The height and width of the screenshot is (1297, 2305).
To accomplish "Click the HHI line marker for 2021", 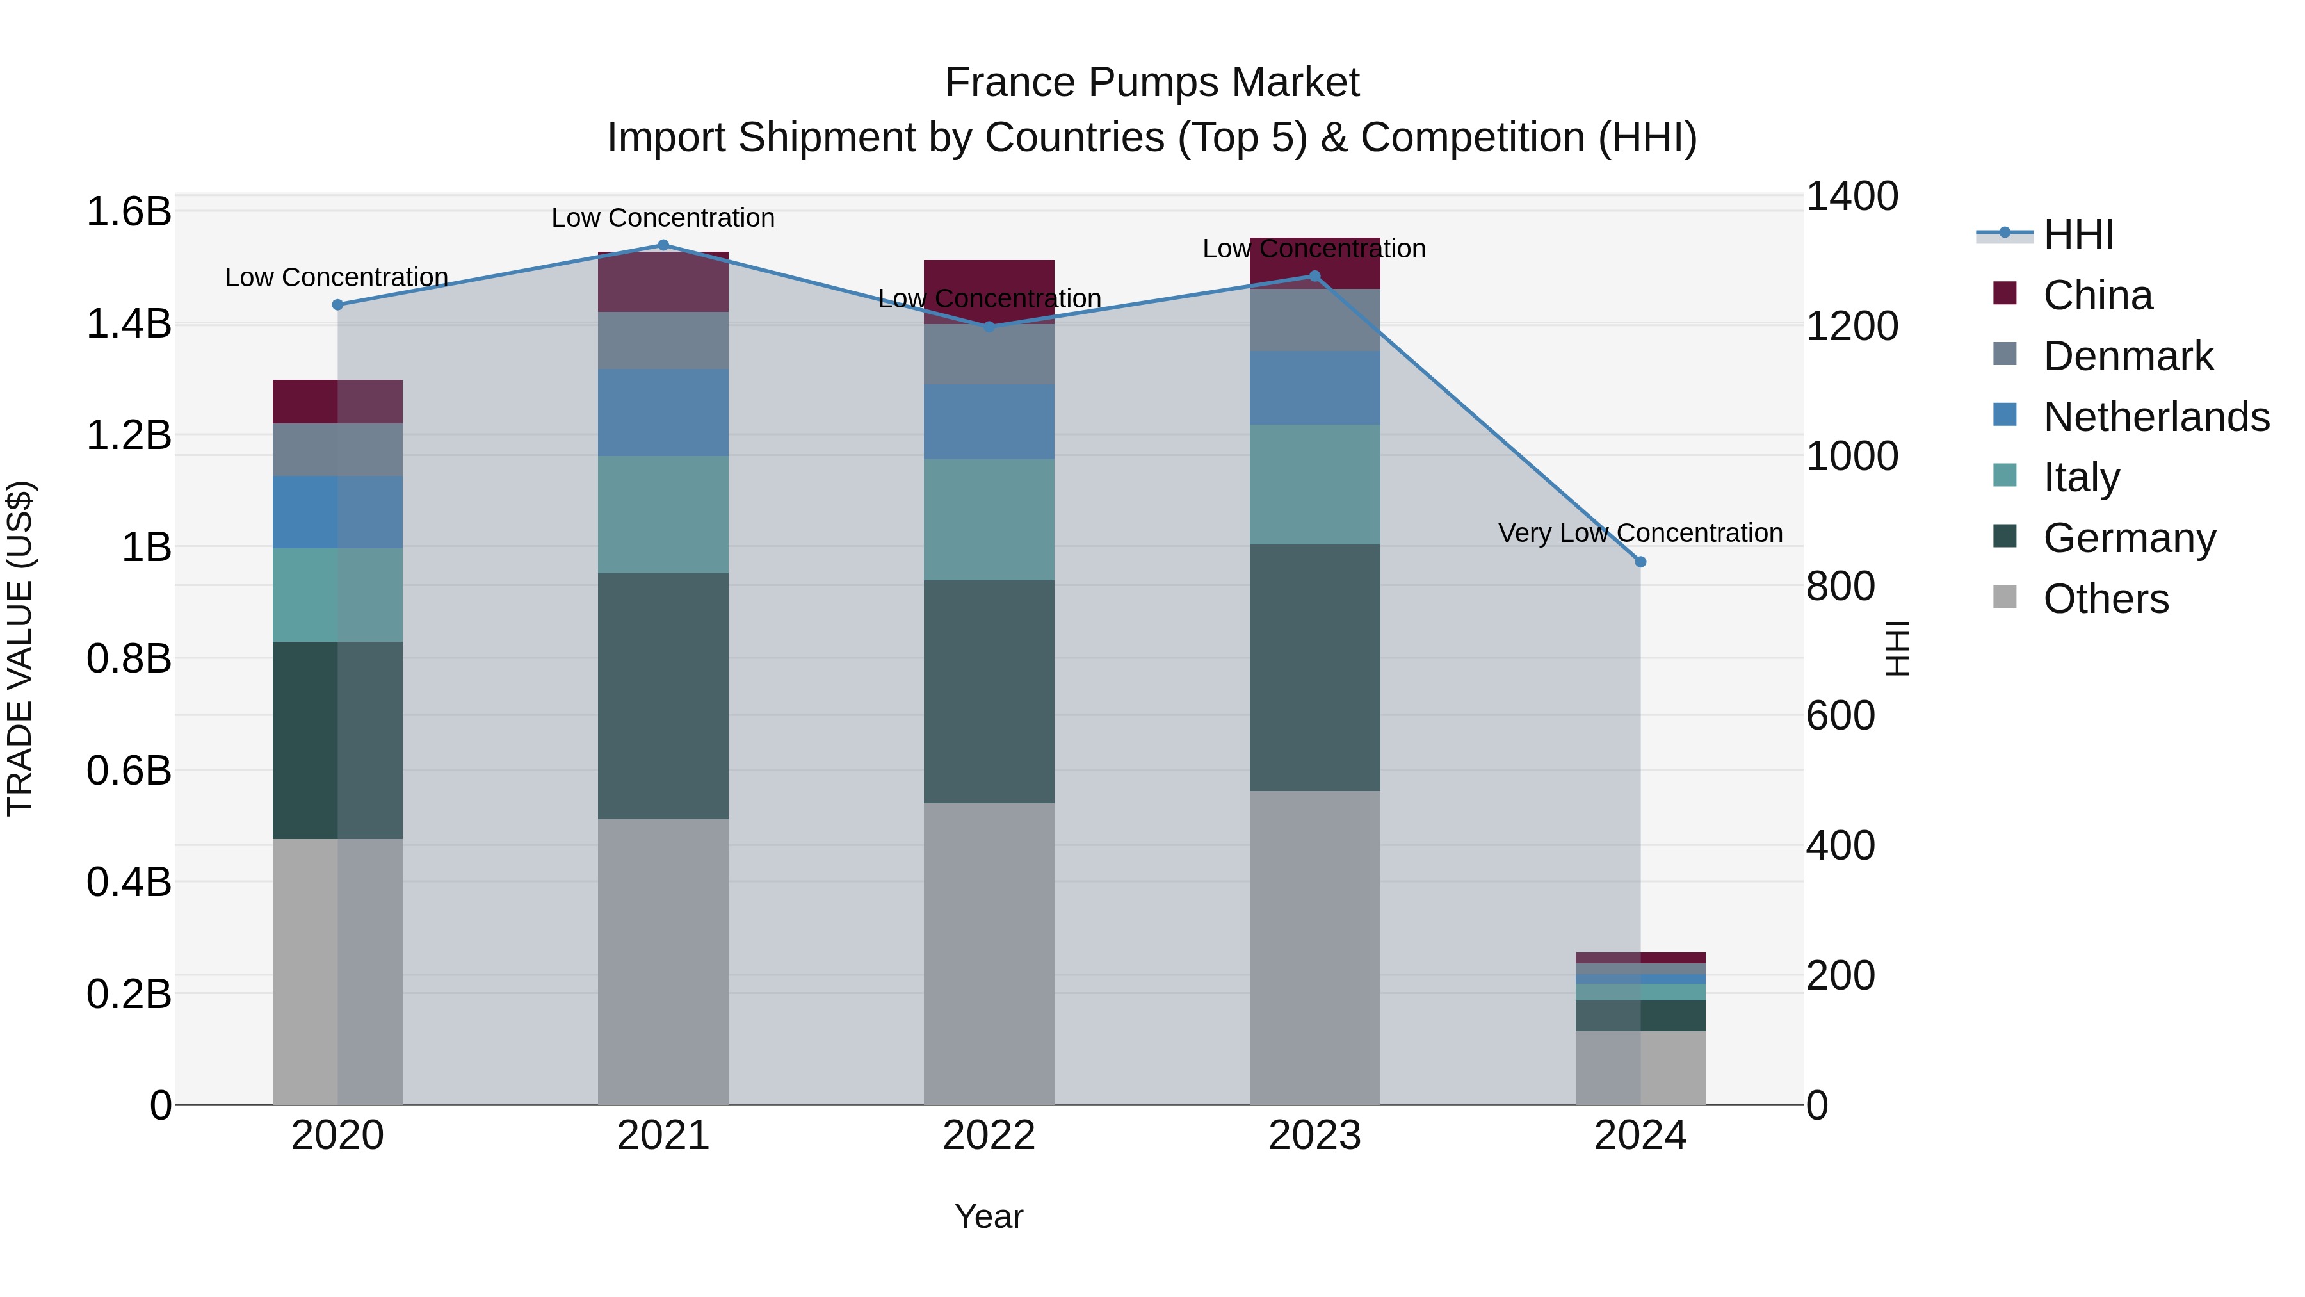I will (x=663, y=245).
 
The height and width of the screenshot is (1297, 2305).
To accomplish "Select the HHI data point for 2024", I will (x=1640, y=562).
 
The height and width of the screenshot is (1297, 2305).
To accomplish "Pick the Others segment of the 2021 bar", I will (x=663, y=961).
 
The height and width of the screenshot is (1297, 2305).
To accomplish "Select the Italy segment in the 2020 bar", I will (x=337, y=594).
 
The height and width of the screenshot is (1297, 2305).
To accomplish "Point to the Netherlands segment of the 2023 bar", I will (x=1314, y=387).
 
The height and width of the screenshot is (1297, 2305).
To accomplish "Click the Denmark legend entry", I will (x=2128, y=356).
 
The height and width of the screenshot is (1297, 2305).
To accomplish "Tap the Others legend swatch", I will (x=2005, y=597).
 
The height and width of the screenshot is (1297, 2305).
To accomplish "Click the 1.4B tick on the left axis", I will (x=129, y=324).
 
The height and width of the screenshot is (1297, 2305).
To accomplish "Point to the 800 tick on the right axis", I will (x=1840, y=586).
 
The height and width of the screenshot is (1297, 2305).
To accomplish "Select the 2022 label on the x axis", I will (x=989, y=1136).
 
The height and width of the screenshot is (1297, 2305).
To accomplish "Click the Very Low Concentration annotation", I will (x=1640, y=533).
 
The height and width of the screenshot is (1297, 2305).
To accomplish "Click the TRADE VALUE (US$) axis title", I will (x=20, y=648).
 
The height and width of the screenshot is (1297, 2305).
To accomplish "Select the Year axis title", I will (x=989, y=1216).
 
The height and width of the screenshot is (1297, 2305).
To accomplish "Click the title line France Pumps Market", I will (x=1152, y=83).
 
